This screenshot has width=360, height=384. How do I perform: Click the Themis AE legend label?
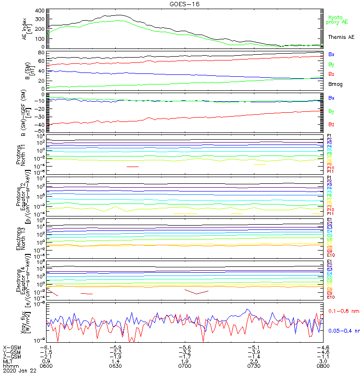click(341, 37)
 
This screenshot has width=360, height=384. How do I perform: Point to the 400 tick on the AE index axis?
click(40, 11)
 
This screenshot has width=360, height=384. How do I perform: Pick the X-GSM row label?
click(13, 347)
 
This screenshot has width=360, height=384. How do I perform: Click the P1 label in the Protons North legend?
click(329, 136)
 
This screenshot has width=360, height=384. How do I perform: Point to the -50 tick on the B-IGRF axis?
click(40, 131)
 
